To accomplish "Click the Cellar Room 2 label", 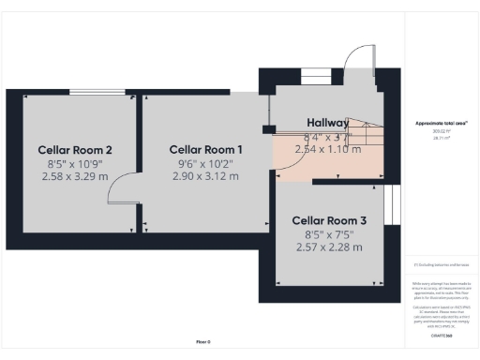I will (x=75, y=149).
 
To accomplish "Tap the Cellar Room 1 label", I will (x=205, y=149).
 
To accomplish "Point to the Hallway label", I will (x=328, y=123).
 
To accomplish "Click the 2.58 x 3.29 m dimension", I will (x=75, y=175).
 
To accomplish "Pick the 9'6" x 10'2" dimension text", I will (x=205, y=162).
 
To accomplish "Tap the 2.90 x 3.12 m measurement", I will (x=205, y=175).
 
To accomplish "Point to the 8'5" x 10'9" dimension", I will (x=75, y=162).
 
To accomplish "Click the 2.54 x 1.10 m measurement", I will (x=327, y=148).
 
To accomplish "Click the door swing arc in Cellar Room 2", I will (x=119, y=192).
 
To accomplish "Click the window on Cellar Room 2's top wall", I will (x=97, y=92).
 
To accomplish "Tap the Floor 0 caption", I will (x=204, y=341).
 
